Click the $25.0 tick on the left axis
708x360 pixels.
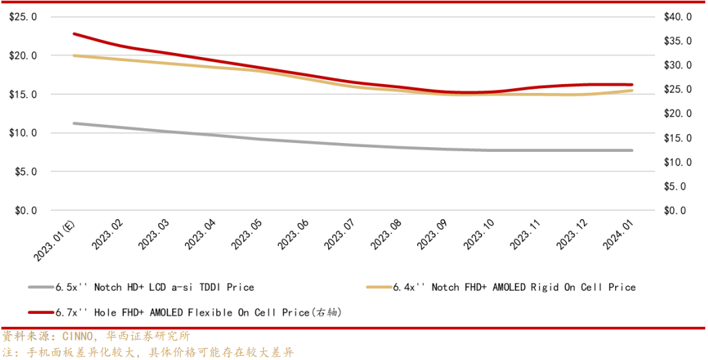coord(23,16)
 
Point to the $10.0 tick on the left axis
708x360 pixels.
coord(23,133)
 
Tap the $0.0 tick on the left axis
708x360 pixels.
coord(25,211)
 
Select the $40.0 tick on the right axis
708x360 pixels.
coord(678,16)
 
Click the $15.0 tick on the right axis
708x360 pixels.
coord(678,138)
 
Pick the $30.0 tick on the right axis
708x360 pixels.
coord(678,65)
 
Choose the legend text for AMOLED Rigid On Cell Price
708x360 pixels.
coord(515,287)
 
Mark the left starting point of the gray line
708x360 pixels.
coord(74,123)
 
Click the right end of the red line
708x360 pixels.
coord(631,85)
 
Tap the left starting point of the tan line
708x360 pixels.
coord(74,56)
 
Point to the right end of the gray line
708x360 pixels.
coord(631,151)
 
